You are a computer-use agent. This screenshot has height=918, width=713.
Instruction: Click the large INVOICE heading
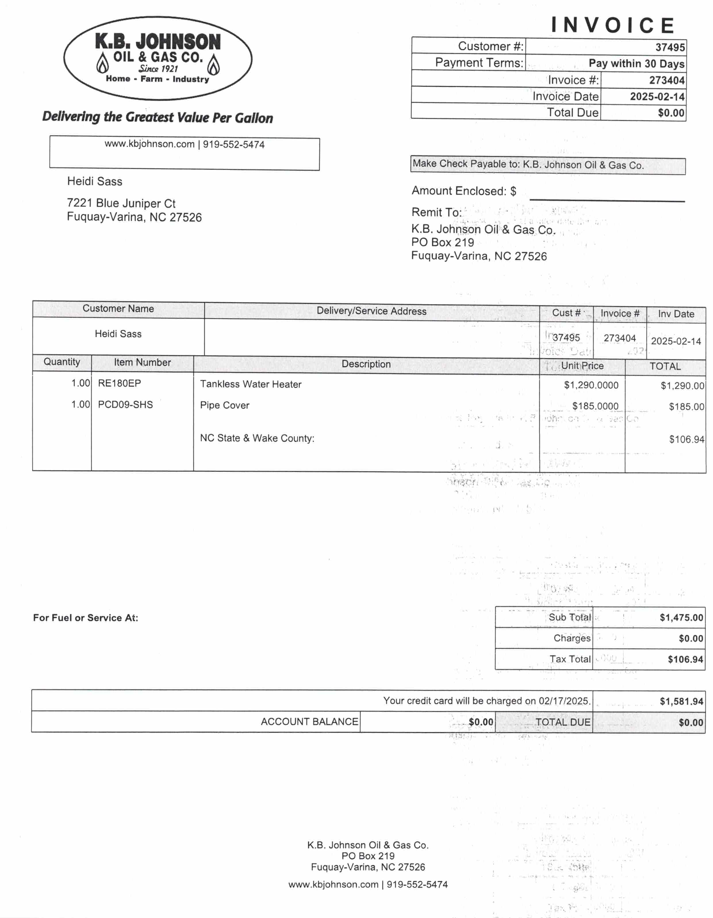click(x=613, y=25)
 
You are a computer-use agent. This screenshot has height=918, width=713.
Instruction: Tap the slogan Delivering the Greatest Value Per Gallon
click(x=158, y=117)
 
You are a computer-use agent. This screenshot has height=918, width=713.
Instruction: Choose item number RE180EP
click(x=119, y=383)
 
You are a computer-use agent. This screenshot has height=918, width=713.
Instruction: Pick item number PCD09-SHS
click(x=125, y=404)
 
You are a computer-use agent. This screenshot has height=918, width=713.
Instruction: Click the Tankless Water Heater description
click(x=251, y=384)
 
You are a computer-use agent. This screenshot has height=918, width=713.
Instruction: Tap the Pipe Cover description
click(x=225, y=405)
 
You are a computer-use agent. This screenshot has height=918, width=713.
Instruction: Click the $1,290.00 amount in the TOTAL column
click(x=682, y=385)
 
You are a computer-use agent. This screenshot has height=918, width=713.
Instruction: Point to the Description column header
click(x=366, y=364)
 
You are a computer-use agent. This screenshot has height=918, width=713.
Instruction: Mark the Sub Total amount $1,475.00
click(x=681, y=617)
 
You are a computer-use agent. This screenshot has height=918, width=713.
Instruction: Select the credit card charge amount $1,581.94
click(x=681, y=701)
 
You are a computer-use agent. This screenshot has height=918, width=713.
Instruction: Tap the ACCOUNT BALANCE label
click(x=309, y=722)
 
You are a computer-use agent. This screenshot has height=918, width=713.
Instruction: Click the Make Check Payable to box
click(x=547, y=165)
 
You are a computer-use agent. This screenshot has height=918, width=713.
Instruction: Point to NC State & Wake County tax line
click(x=257, y=438)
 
